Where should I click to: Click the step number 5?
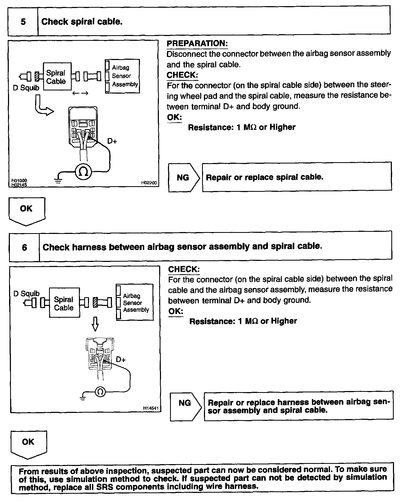[23, 21]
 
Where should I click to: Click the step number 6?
[24, 247]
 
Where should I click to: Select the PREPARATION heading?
[197, 43]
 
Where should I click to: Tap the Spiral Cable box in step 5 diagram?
[57, 77]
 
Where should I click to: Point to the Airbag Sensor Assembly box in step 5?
[123, 76]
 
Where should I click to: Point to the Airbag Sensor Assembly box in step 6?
[135, 302]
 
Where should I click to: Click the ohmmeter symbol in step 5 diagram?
[83, 172]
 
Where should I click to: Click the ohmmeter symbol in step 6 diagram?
[100, 392]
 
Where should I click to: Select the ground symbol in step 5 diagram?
[58, 180]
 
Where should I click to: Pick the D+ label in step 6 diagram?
[121, 360]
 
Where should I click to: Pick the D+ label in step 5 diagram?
[112, 141]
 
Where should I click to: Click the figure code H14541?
[151, 408]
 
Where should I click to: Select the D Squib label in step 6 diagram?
[26, 294]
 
